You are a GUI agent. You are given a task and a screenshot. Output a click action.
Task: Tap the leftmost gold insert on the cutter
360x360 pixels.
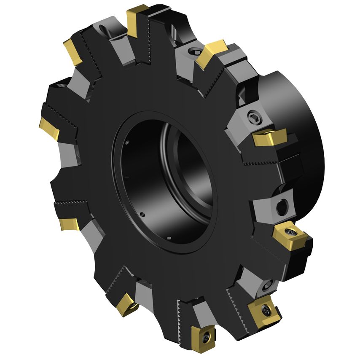pos(48,127)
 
